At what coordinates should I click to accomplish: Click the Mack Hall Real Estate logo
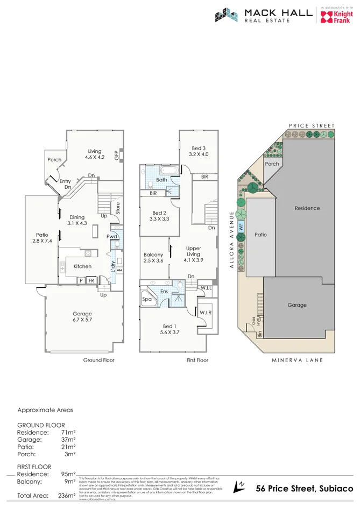263,16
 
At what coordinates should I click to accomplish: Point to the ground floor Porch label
54,159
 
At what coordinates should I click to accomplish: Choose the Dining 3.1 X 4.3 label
77,220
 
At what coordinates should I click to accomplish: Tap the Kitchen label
82,266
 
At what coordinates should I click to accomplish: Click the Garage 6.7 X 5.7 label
82,317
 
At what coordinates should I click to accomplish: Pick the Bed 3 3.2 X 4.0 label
198,151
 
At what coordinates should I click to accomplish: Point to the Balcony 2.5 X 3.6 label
153,258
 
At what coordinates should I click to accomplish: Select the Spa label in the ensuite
146,299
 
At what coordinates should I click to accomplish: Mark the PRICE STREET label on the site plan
312,125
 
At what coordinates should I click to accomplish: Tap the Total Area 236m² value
64,496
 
